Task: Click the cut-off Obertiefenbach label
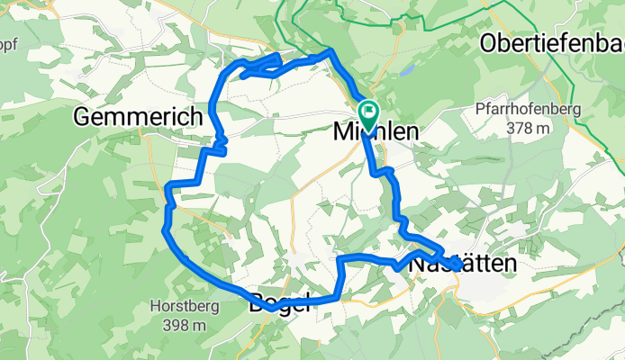(x=552, y=42)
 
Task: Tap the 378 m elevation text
(x=527, y=128)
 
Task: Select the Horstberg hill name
(x=179, y=306)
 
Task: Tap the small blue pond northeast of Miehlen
(x=407, y=68)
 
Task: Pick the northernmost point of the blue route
(x=331, y=51)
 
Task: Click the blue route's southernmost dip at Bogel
(x=271, y=310)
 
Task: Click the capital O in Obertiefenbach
(x=492, y=42)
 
